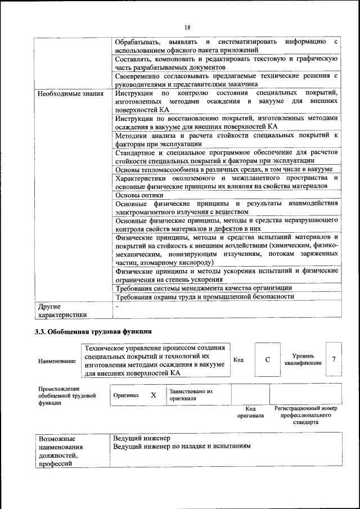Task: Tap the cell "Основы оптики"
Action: tap(136, 195)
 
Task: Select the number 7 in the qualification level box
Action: tap(334, 359)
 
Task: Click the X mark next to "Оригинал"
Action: tap(153, 395)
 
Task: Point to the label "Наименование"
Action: tap(57, 361)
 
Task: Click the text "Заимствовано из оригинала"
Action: tap(191, 394)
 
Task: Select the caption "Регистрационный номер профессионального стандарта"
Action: tap(305, 415)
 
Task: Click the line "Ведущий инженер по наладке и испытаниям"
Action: tap(182, 446)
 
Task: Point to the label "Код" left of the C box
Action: tap(238, 360)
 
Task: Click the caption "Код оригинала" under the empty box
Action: tap(250, 412)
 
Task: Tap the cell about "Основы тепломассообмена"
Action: tap(224, 169)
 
